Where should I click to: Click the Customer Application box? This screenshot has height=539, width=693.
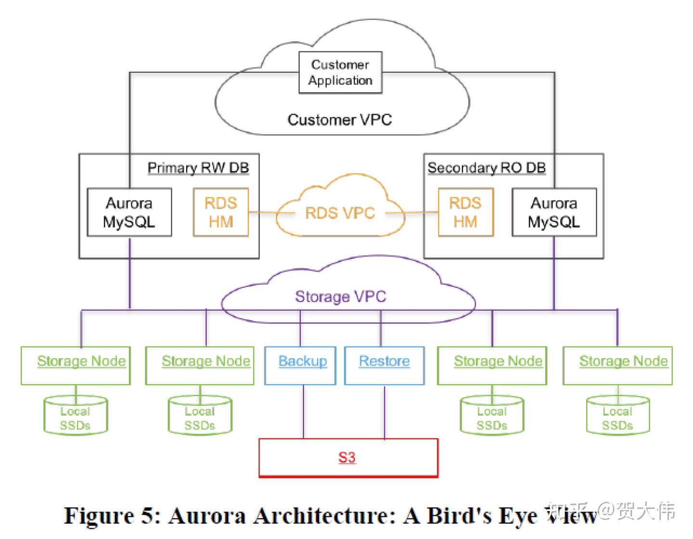[340, 72]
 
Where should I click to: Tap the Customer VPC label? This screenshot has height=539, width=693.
[339, 119]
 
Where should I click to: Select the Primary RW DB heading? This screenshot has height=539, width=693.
[198, 167]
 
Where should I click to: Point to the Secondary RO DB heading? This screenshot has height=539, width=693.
[486, 167]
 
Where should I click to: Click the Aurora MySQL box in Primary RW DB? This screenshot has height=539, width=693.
[129, 212]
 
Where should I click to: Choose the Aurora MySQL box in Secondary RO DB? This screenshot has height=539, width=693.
[554, 212]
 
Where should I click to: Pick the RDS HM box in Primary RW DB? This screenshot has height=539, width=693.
[221, 212]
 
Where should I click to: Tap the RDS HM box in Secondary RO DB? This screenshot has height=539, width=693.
[465, 212]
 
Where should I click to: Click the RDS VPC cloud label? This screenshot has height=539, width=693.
[340, 212]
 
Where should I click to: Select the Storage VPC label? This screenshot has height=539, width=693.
[340, 296]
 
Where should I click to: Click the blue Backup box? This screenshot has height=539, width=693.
[300, 365]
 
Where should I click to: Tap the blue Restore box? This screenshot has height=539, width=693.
[384, 365]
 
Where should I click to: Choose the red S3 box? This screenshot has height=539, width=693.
[348, 457]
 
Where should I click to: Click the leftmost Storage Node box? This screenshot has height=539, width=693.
[76, 365]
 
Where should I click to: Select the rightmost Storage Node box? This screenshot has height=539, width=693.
[617, 365]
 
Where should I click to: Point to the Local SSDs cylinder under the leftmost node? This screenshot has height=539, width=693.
[75, 417]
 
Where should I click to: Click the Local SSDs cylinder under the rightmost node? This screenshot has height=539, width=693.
[617, 417]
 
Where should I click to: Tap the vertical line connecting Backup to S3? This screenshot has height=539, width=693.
[303, 411]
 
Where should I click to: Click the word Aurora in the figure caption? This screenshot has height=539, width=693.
[207, 516]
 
